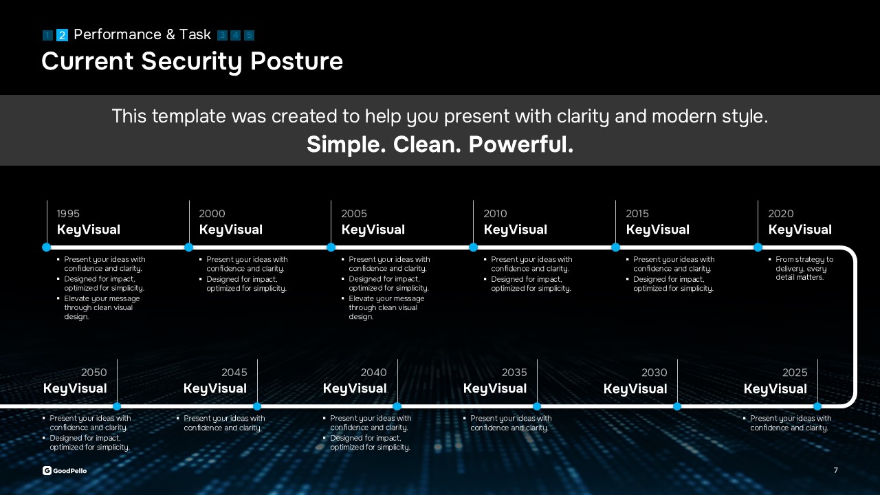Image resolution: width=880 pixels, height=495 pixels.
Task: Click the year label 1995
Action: click(x=68, y=214)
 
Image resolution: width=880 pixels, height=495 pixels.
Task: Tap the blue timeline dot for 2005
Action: click(x=331, y=247)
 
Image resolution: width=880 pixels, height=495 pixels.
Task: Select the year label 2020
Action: click(x=780, y=214)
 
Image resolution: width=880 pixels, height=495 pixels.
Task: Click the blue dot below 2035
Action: click(x=537, y=406)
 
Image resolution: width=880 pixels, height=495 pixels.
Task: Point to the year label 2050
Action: click(x=94, y=373)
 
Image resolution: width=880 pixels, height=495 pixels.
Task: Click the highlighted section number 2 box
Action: click(x=62, y=35)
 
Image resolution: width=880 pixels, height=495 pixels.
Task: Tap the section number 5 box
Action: click(x=249, y=35)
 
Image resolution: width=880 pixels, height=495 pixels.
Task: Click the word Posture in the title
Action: click(x=296, y=62)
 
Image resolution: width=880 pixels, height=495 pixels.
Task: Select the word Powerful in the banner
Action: click(x=521, y=144)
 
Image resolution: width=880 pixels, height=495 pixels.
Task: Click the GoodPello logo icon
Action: click(x=47, y=471)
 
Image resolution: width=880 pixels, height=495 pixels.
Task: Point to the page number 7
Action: click(x=835, y=470)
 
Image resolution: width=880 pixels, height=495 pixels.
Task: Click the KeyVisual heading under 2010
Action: click(x=515, y=230)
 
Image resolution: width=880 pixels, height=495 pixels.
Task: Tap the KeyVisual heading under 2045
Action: click(x=215, y=388)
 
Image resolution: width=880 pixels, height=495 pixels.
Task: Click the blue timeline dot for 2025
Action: click(x=817, y=406)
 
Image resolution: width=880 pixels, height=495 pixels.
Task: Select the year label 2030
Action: click(x=654, y=373)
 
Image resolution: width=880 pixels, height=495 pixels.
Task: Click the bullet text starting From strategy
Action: click(x=804, y=268)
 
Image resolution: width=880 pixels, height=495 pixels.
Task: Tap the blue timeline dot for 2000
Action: click(x=188, y=247)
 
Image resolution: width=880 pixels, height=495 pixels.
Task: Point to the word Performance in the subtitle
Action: click(x=118, y=34)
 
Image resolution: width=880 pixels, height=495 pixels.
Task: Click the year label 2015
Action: click(x=637, y=214)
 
